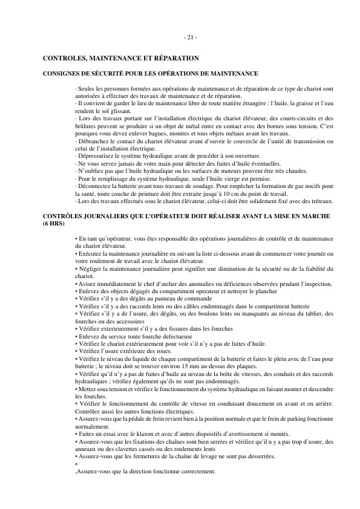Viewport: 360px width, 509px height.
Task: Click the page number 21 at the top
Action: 190,37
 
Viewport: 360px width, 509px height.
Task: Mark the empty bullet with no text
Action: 77,464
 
